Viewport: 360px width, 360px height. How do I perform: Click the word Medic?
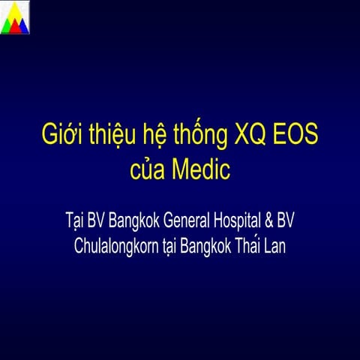(199, 170)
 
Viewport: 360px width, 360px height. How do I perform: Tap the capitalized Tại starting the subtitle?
(75, 223)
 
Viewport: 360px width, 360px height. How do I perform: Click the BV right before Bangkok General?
(99, 222)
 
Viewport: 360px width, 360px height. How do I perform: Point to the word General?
(194, 222)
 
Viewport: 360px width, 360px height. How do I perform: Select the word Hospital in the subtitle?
(246, 223)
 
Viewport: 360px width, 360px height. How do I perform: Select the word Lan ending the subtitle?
(279, 245)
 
